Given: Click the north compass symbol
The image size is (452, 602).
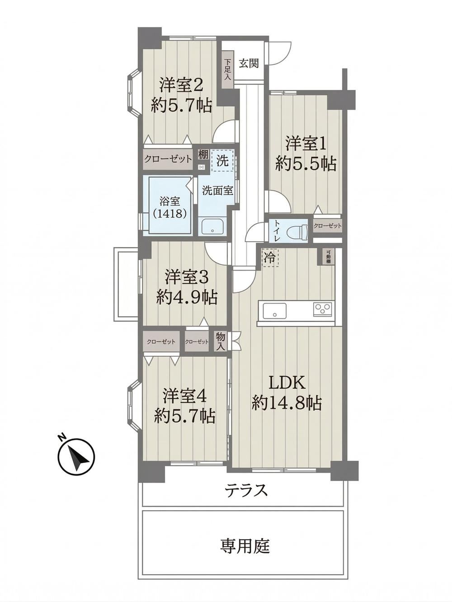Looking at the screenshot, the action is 76,457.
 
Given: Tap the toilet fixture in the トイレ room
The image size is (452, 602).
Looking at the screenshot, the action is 298,231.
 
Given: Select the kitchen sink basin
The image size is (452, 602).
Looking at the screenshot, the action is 274,311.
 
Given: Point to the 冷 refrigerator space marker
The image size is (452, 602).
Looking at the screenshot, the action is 269,257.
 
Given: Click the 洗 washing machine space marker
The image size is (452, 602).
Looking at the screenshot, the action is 222,161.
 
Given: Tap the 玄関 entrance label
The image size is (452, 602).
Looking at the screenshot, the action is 249,64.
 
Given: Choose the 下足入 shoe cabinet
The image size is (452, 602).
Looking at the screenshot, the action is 227,70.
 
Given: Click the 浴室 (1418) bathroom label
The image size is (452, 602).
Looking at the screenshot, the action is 170,208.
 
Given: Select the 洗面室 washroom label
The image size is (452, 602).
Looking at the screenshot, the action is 217,190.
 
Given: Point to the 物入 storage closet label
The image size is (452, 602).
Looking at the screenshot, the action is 221,341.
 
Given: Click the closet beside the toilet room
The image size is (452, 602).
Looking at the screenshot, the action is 327,226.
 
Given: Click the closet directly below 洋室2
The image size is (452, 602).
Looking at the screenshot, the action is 168,159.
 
